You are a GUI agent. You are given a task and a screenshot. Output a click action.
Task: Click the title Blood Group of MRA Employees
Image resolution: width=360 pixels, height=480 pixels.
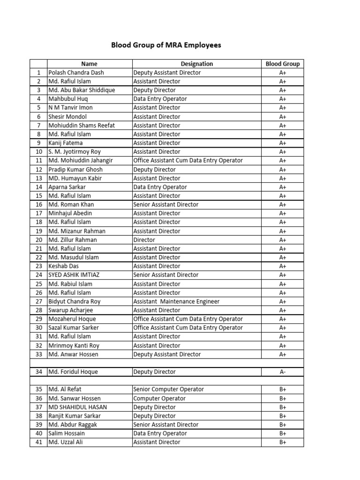(165, 45)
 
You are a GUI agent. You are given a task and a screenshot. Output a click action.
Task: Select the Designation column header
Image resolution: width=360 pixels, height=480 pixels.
(197, 64)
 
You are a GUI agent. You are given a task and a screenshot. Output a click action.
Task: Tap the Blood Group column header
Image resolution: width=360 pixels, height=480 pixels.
(282, 64)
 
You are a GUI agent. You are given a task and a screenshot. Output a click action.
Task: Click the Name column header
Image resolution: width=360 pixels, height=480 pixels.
(89, 64)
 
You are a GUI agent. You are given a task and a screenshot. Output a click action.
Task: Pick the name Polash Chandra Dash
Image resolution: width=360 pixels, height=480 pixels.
(76, 73)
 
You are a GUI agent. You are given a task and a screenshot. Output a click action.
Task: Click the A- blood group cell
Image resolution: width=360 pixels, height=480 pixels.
(283, 372)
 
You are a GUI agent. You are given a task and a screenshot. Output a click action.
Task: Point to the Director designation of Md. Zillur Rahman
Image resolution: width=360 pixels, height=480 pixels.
(143, 240)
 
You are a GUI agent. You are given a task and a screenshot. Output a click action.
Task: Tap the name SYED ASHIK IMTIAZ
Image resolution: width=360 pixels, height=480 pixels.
(73, 275)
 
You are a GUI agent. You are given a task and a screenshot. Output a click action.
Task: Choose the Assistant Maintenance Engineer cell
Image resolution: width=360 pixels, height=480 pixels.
(176, 301)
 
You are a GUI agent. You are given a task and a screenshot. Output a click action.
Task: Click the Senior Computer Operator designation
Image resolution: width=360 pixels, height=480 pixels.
(169, 389)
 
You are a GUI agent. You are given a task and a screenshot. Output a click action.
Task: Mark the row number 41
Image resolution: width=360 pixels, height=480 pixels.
(38, 442)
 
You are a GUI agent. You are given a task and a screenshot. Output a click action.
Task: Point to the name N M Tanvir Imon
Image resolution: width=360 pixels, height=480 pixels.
(70, 108)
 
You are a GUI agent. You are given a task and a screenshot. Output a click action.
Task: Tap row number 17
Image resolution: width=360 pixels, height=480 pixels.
(38, 213)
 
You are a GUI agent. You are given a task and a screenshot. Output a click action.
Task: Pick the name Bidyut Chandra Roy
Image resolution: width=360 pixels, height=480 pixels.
(74, 301)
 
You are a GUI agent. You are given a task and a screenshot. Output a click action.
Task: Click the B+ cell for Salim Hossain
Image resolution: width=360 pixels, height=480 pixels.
(283, 434)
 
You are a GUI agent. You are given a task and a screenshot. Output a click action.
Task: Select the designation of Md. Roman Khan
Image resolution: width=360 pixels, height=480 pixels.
(165, 204)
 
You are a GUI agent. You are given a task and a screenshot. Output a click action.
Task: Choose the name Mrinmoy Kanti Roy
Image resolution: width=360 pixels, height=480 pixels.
(74, 345)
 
